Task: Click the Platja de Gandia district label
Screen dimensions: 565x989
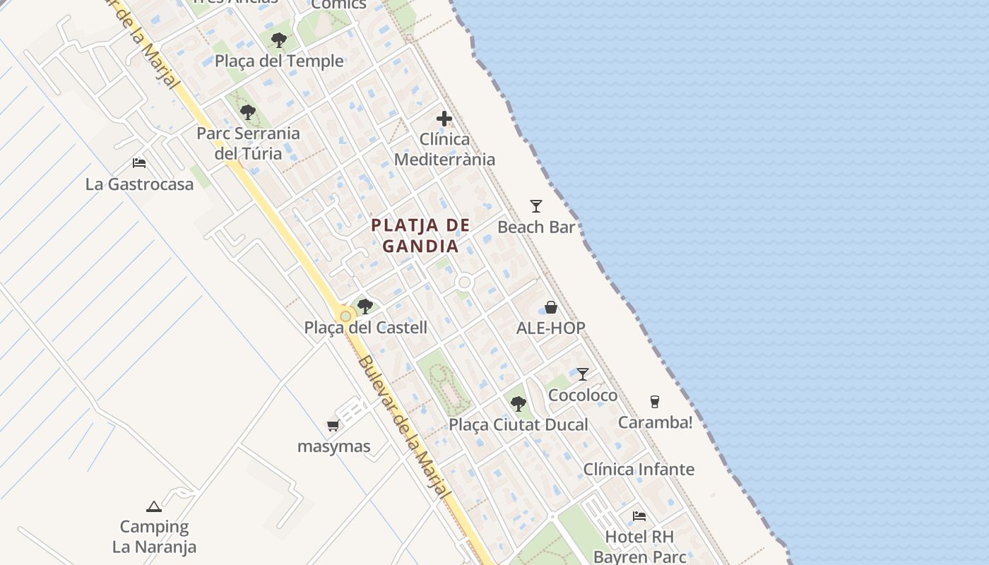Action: click(x=421, y=236)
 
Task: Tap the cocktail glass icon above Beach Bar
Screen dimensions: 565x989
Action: click(x=536, y=206)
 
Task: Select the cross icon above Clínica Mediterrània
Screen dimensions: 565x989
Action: click(x=444, y=119)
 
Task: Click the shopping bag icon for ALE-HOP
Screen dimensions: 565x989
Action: click(x=551, y=308)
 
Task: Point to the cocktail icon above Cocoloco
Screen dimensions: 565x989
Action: click(x=583, y=374)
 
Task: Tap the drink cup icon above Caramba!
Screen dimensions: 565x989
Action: click(x=655, y=401)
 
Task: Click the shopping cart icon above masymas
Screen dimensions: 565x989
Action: click(x=333, y=425)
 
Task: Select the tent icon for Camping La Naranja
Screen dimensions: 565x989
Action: click(x=154, y=506)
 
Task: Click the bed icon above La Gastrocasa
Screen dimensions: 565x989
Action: click(x=139, y=163)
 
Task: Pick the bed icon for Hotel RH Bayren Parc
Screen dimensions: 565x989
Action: click(x=639, y=516)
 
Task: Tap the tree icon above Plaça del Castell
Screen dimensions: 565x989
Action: click(x=365, y=306)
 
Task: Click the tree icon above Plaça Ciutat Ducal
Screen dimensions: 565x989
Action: click(x=519, y=403)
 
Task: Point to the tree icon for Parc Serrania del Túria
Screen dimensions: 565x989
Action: click(x=248, y=112)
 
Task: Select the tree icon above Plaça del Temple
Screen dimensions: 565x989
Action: click(x=279, y=40)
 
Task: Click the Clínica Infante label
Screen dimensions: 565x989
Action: click(x=639, y=470)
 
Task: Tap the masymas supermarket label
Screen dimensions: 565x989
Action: click(x=333, y=447)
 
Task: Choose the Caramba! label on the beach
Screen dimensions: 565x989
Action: click(x=655, y=422)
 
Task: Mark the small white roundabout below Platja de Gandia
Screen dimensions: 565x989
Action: click(x=464, y=282)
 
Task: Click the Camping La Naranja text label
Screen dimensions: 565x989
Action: click(x=154, y=537)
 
